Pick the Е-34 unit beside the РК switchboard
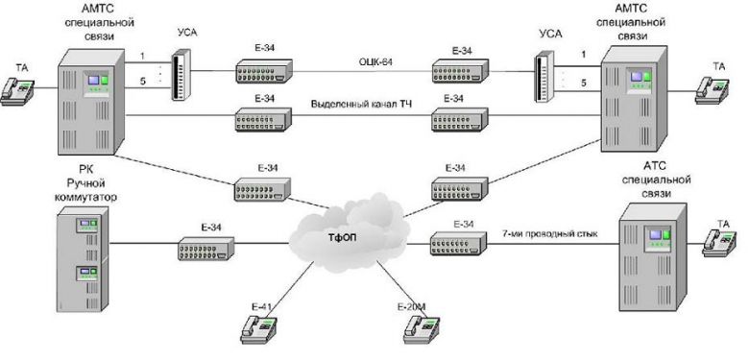pyautogui.click(x=205, y=251)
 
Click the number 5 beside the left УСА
pyautogui.click(x=142, y=81)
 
